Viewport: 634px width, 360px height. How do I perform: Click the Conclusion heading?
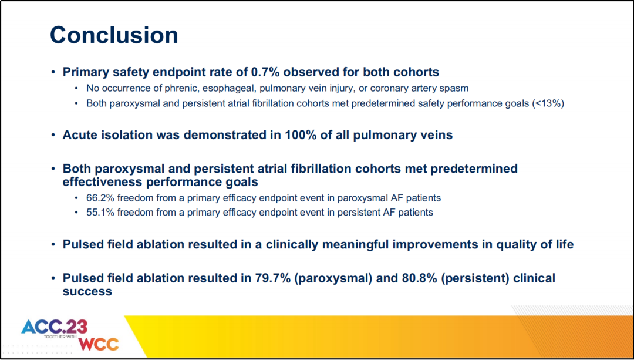(x=114, y=35)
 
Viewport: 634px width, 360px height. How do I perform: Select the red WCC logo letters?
(x=99, y=344)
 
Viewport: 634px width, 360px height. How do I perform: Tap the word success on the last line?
(x=87, y=291)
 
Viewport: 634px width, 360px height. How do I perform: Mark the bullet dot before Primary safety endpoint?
(x=53, y=72)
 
